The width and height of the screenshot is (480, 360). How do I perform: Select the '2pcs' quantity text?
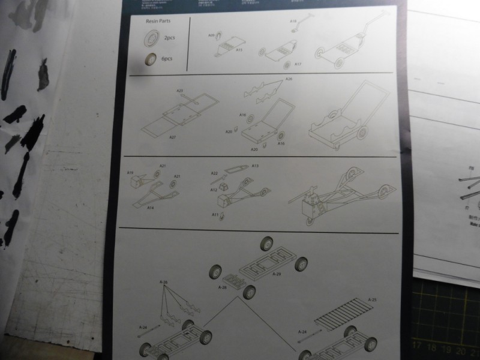(169, 38)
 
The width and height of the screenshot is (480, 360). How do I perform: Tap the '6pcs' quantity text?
(167, 60)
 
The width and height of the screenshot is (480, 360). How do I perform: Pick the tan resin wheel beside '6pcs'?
(151, 59)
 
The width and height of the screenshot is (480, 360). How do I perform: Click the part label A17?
(298, 64)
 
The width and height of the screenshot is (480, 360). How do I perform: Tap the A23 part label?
(180, 91)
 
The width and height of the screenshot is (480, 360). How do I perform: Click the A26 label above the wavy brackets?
(289, 79)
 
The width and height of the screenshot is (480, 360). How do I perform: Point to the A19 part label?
(130, 173)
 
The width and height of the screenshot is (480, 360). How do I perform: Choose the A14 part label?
(151, 207)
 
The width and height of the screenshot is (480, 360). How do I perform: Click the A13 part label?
(255, 166)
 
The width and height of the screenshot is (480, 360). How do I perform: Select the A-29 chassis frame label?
(277, 274)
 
